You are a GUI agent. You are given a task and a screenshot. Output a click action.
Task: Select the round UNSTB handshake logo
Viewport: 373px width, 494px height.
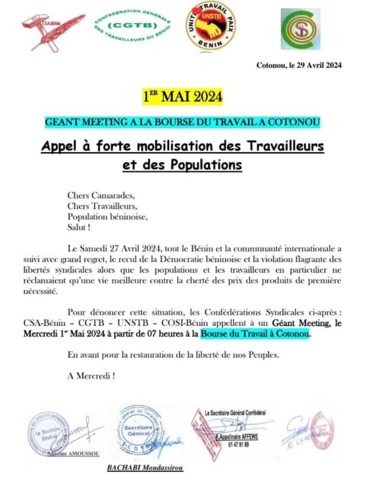coord(211,26)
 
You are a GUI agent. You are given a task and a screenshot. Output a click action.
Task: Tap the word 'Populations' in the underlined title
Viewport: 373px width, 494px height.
coord(206,164)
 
